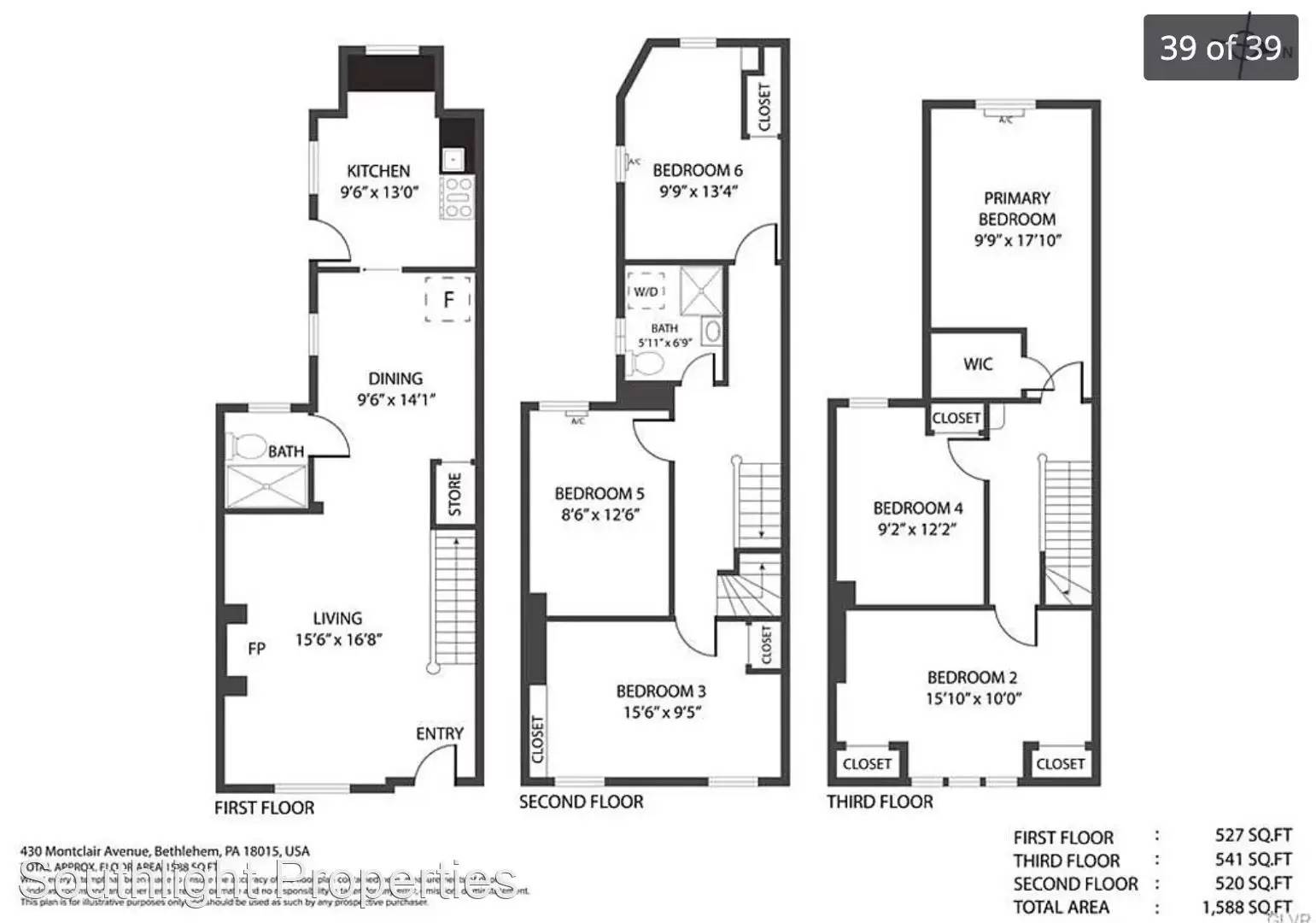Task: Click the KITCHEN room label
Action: [x=378, y=171]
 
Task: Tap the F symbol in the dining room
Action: [x=448, y=299]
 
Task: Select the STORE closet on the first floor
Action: [x=453, y=494]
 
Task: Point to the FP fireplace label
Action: [x=256, y=649]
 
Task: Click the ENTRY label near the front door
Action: [x=440, y=733]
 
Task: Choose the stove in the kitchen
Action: [x=456, y=197]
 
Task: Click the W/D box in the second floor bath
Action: [x=646, y=292]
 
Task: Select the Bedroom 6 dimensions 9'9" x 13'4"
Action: [x=698, y=191]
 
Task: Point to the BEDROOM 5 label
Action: [x=599, y=493]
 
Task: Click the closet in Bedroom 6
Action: [x=763, y=106]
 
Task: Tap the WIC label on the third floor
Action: [x=978, y=364]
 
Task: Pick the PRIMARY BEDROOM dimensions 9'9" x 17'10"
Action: [x=1017, y=240]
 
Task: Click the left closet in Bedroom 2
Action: [x=867, y=764]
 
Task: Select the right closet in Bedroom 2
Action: [x=1060, y=764]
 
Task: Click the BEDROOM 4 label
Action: [x=918, y=508]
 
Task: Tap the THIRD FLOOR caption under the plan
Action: [x=880, y=802]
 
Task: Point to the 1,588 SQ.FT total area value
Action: [x=1247, y=907]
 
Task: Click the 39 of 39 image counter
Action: [x=1220, y=48]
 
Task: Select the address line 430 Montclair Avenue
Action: [x=164, y=851]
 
